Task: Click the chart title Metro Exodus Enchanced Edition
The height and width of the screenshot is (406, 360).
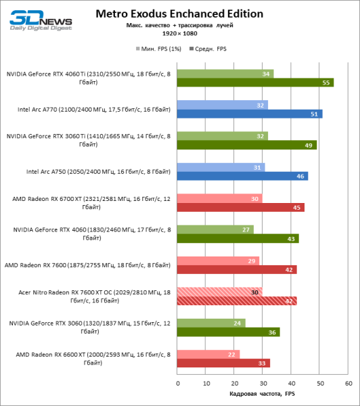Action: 179,14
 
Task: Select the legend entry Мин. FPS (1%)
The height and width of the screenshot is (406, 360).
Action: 159,49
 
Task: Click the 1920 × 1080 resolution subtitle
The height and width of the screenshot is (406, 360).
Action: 179,33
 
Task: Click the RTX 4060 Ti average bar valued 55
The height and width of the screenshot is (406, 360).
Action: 255,83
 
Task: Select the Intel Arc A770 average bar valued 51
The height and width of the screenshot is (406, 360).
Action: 250,114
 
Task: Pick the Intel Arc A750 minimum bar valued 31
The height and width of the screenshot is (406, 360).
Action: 221,167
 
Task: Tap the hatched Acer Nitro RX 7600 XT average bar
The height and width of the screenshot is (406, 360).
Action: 237,301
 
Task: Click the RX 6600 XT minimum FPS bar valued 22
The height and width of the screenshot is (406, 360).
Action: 208,354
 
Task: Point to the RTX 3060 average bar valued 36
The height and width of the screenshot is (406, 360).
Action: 228,332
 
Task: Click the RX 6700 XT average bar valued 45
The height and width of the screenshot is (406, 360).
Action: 241,208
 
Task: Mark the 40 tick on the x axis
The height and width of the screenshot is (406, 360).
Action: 292,382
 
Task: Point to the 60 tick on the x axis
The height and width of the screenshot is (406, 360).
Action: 348,382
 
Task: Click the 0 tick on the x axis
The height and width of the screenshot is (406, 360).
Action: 178,382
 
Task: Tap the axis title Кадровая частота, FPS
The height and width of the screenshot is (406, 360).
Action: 263,394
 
